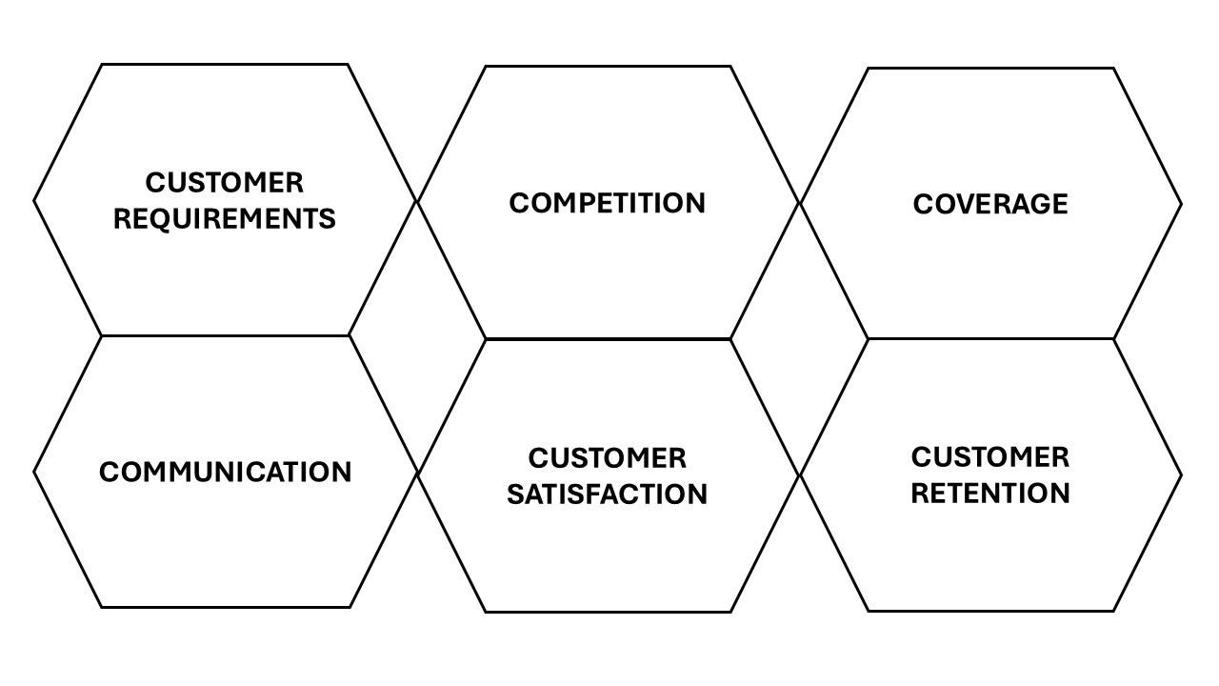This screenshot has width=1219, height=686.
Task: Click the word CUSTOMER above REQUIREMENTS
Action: [224, 182]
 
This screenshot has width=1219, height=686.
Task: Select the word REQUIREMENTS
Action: [224, 219]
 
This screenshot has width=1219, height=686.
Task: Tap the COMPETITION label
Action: [608, 203]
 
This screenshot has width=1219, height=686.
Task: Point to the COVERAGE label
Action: [990, 204]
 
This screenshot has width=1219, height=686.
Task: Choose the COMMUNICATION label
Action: [226, 472]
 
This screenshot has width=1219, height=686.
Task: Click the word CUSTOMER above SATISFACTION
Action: [608, 458]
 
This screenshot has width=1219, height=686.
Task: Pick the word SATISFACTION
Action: [608, 494]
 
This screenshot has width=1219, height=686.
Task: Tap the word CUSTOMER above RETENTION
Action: [990, 456]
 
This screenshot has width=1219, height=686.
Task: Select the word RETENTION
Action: [990, 494]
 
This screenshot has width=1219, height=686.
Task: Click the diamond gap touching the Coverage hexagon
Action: [799, 338]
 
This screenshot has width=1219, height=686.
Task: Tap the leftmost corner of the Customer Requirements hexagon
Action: [33, 201]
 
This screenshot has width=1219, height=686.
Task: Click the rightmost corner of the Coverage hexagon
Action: [1182, 204]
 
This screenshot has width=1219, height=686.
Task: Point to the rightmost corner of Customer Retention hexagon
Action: [1182, 475]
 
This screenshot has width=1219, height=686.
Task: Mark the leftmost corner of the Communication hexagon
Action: [33, 472]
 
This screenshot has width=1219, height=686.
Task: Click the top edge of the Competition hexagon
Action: [608, 67]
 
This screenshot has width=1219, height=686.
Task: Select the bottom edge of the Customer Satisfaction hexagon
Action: [608, 612]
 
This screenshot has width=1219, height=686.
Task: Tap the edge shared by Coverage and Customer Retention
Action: [990, 339]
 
